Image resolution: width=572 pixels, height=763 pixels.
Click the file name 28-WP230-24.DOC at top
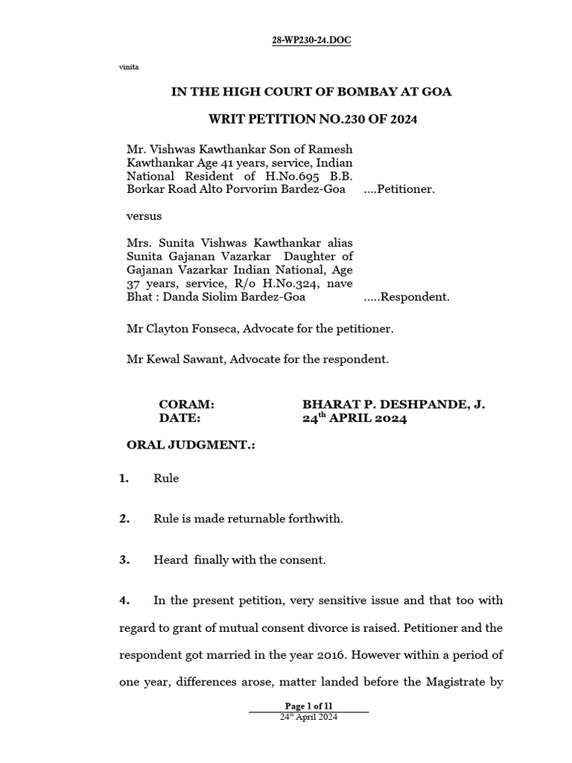click(x=311, y=40)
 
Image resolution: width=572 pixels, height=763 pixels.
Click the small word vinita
click(x=129, y=68)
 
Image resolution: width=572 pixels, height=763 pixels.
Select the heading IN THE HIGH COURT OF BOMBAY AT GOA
click(x=311, y=92)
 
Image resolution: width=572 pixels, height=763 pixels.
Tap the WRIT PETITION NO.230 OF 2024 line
click(x=311, y=120)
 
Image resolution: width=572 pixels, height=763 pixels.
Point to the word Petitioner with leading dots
click(x=399, y=189)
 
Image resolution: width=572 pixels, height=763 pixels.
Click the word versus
click(x=144, y=216)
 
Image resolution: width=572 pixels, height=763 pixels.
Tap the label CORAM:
click(x=187, y=405)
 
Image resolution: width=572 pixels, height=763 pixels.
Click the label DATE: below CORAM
click(x=180, y=419)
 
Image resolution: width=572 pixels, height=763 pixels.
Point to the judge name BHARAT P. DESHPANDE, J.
click(x=394, y=405)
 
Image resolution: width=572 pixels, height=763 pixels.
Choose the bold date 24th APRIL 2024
click(x=355, y=419)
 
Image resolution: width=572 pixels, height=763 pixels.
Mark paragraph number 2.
click(x=124, y=519)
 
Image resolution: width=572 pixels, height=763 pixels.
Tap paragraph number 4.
click(x=124, y=600)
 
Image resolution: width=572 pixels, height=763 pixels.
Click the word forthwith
click(x=318, y=519)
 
